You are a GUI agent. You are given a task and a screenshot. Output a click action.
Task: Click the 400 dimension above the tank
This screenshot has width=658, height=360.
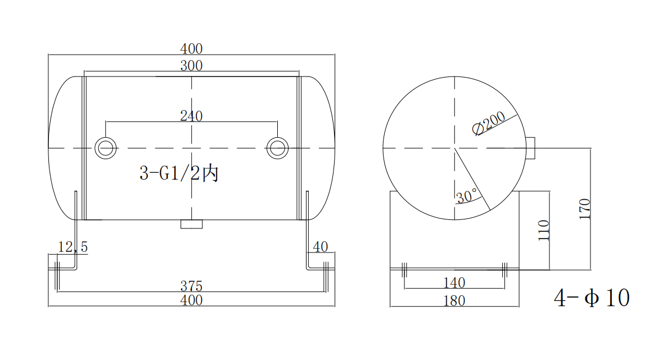click(191, 49)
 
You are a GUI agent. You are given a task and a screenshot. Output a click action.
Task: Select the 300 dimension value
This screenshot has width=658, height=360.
click(191, 66)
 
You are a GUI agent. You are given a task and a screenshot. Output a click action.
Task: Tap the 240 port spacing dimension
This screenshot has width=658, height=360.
click(191, 116)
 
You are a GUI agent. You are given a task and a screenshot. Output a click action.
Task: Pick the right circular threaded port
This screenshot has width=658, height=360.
click(277, 147)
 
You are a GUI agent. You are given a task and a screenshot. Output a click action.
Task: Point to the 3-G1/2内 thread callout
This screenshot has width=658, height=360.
click(178, 173)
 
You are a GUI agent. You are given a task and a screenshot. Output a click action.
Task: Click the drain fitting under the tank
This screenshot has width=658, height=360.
click(191, 224)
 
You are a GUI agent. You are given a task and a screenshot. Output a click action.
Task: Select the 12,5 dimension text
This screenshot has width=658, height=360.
click(73, 247)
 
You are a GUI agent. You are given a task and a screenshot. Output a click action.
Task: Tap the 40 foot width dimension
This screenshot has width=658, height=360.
click(320, 247)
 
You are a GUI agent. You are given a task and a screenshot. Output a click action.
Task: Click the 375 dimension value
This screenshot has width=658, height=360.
click(191, 286)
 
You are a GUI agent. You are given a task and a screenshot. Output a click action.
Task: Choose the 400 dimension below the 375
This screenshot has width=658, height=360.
click(191, 300)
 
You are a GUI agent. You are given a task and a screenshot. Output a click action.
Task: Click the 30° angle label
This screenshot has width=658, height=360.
click(466, 196)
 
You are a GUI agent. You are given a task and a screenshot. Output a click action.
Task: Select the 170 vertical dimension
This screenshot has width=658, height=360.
click(585, 209)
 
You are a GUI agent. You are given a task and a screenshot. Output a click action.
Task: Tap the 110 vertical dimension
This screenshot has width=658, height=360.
click(543, 230)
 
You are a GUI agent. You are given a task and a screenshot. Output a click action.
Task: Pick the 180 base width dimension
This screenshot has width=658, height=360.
click(454, 301)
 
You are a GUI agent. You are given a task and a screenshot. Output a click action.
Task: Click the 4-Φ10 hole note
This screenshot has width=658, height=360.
click(592, 298)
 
